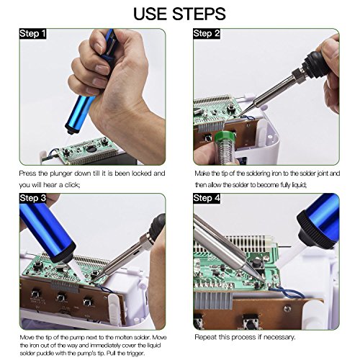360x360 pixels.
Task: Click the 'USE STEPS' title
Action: [179, 14]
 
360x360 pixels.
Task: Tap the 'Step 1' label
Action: [32, 34]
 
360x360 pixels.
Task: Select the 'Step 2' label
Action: [207, 34]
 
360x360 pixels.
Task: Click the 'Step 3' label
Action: [32, 198]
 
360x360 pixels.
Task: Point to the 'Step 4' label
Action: [207, 198]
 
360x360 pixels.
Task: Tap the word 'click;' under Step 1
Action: [72, 185]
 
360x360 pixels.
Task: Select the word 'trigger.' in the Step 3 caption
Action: [135, 354]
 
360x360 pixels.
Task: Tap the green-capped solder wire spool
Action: [225, 145]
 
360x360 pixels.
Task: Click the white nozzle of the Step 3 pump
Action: [77, 270]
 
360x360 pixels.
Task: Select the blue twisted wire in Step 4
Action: [287, 292]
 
